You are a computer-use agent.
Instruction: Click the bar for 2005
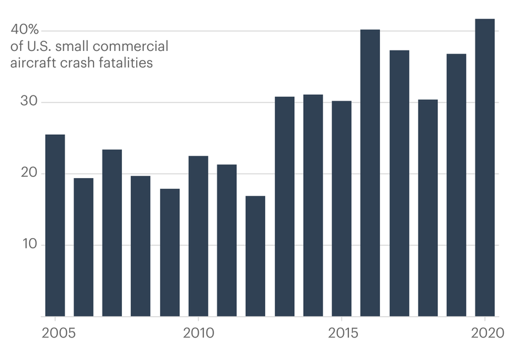(x=55, y=225)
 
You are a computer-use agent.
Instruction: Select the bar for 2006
(x=83, y=247)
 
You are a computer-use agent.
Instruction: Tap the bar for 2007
(x=112, y=233)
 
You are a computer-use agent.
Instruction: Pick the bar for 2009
(x=170, y=252)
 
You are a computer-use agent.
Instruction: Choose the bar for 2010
(x=198, y=236)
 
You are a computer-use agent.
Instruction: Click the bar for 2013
(x=284, y=206)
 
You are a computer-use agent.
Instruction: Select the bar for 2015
(x=342, y=208)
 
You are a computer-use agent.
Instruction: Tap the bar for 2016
(x=370, y=173)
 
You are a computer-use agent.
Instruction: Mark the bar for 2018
(x=428, y=208)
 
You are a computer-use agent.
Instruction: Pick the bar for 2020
(x=485, y=168)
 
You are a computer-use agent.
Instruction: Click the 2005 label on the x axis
(x=55, y=335)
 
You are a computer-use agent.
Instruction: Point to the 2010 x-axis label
(x=198, y=335)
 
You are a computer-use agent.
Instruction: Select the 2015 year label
(x=342, y=335)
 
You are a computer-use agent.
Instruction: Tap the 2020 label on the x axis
(x=485, y=335)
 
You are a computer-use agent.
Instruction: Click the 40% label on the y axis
(x=25, y=30)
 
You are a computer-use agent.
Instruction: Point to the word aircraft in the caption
(x=30, y=63)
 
